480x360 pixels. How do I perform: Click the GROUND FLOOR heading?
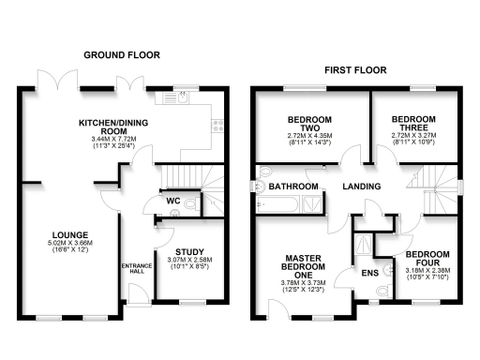point(122,55)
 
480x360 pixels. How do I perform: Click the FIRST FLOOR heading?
point(357,70)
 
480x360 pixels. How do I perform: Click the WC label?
point(173,200)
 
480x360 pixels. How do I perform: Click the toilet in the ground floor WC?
point(192,202)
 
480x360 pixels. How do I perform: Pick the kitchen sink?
point(217,121)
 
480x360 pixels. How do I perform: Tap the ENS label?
point(370,274)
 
